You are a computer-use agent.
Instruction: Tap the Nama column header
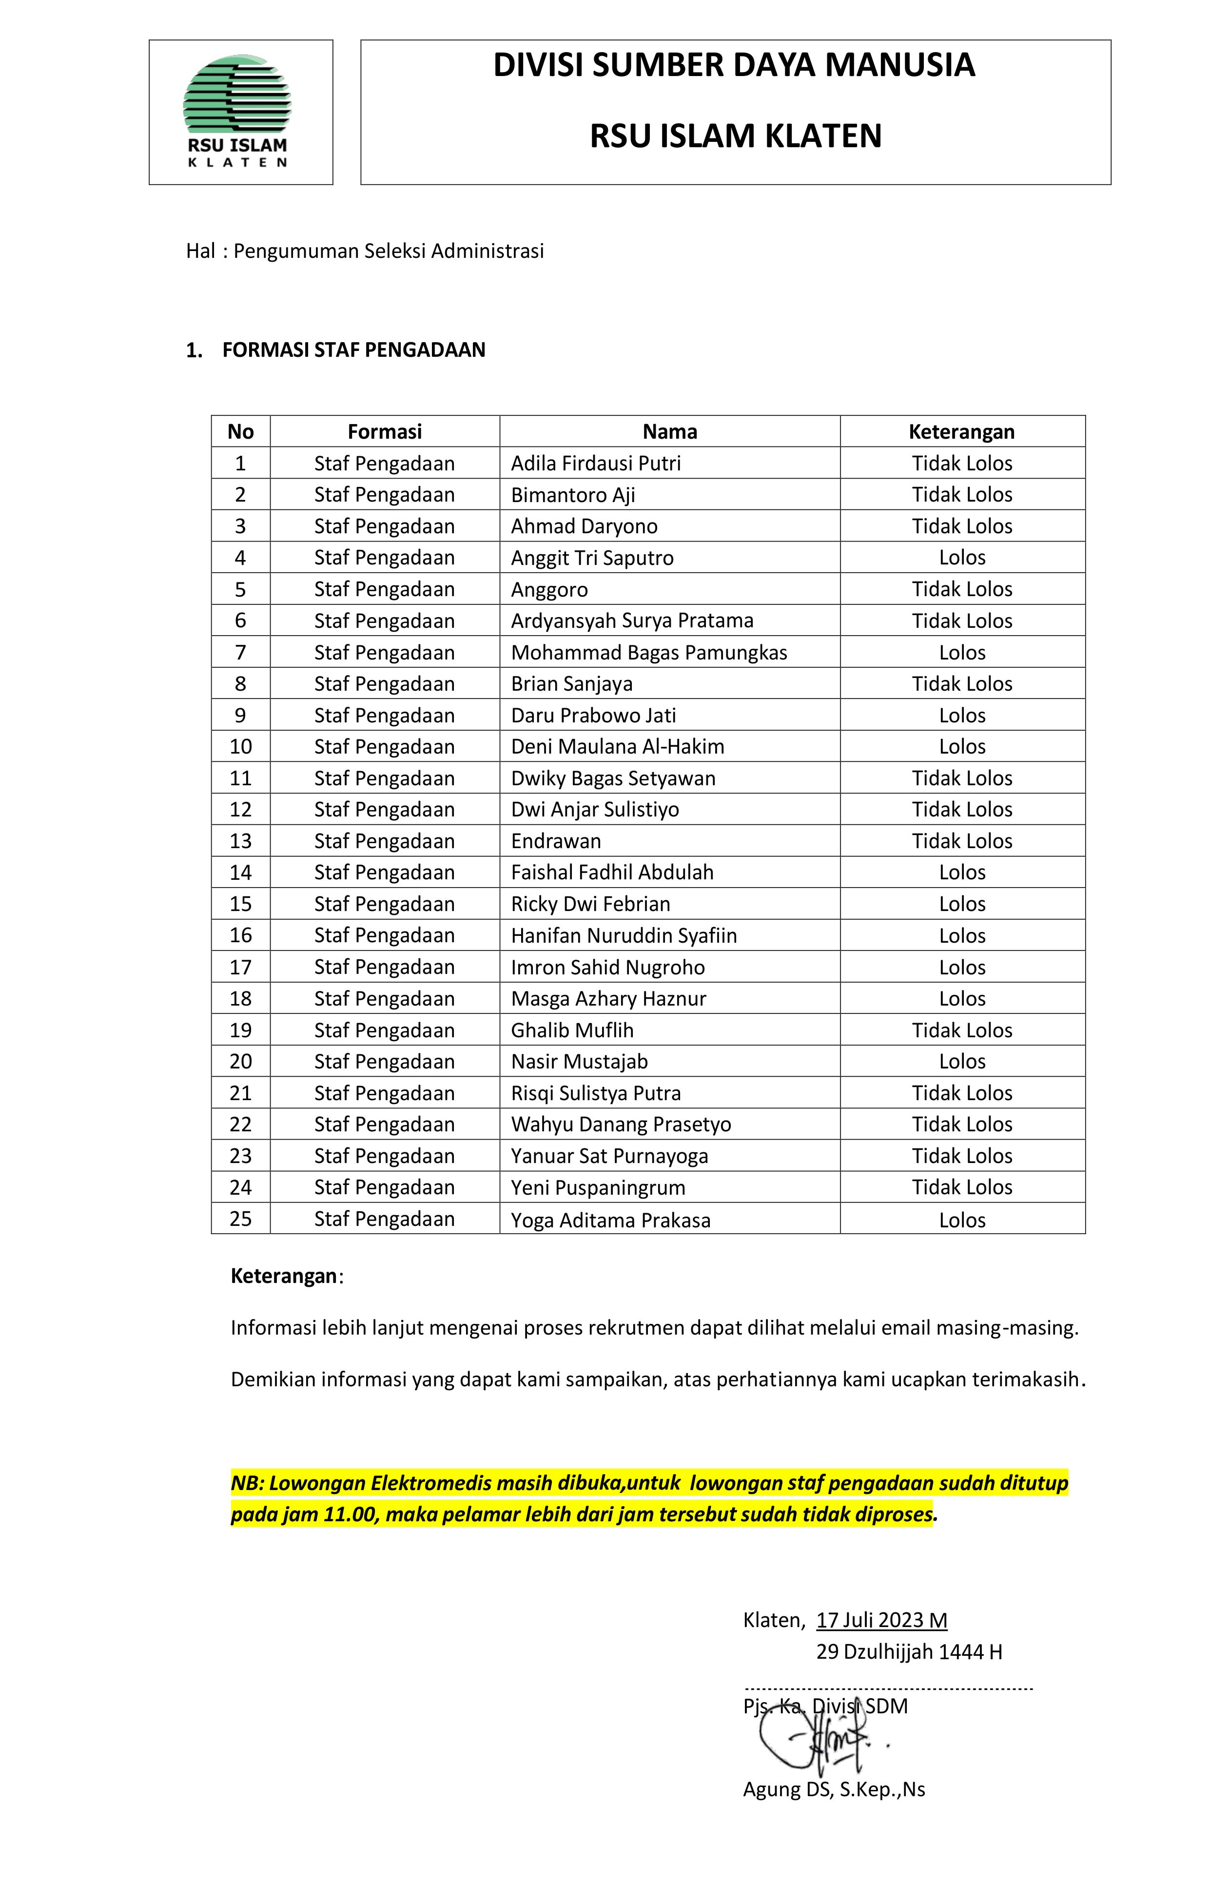[x=669, y=431]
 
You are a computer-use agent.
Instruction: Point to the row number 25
[x=241, y=1219]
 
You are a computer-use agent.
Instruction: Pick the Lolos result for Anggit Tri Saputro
[x=961, y=558]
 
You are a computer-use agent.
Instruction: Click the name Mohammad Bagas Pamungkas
[x=649, y=653]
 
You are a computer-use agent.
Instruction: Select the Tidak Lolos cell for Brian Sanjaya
[x=961, y=684]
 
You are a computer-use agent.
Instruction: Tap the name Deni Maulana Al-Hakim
[x=617, y=746]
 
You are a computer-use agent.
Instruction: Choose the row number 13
[x=241, y=841]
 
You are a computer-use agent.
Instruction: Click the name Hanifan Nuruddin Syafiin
[x=624, y=936]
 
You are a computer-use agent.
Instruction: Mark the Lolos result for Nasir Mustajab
[x=961, y=1061]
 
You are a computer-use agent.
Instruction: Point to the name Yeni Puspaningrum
[x=598, y=1187]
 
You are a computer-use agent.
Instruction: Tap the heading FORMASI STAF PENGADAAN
[x=353, y=350]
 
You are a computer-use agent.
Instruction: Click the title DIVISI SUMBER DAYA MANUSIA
[x=734, y=65]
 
